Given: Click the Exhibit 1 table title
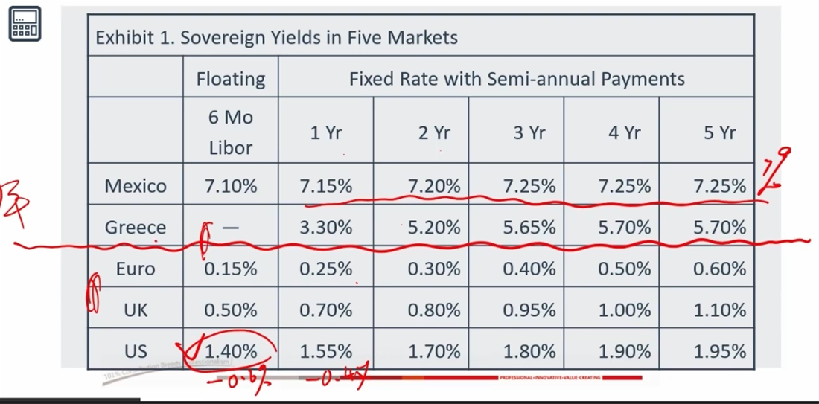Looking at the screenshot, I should pyautogui.click(x=276, y=37).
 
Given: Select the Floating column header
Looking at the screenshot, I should pyautogui.click(x=231, y=78).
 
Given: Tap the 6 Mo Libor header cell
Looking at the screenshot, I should pyautogui.click(x=231, y=132).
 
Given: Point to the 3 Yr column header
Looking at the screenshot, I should pyautogui.click(x=529, y=133).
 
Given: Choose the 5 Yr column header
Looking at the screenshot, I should pyautogui.click(x=719, y=133).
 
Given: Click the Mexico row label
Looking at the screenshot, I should pyautogui.click(x=136, y=186).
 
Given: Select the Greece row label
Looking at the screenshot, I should pyautogui.click(x=136, y=228).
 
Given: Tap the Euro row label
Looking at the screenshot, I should pyautogui.click(x=136, y=269).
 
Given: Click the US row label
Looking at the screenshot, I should pyautogui.click(x=136, y=351).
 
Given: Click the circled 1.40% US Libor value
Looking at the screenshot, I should pyautogui.click(x=231, y=351).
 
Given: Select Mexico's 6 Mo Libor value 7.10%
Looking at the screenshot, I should pyautogui.click(x=231, y=186).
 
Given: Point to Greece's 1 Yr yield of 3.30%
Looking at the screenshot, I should pyautogui.click(x=326, y=228).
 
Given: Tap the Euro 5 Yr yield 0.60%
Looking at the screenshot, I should pyautogui.click(x=719, y=269).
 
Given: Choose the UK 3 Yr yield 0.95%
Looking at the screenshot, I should pyautogui.click(x=529, y=310).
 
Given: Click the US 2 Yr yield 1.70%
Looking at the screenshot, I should pyautogui.click(x=433, y=351).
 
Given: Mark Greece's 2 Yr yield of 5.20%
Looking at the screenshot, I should pyautogui.click(x=433, y=228).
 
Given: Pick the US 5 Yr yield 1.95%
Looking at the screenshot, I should pyautogui.click(x=719, y=351).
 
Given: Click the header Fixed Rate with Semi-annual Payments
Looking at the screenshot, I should pyautogui.click(x=517, y=78).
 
